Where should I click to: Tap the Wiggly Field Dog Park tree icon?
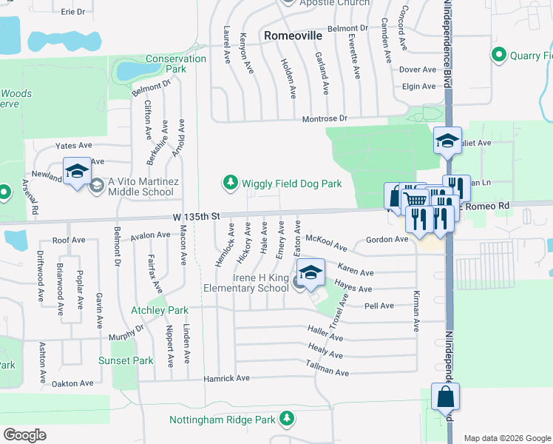click(230, 182)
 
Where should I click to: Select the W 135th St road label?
click(194, 217)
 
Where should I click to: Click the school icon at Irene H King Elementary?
click(311, 273)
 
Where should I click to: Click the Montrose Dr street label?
click(324, 118)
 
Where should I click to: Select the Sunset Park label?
click(126, 360)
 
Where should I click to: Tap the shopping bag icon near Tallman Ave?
click(446, 397)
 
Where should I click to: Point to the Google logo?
click(24, 434)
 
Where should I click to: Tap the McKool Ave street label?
click(326, 241)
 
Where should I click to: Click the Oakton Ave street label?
click(72, 383)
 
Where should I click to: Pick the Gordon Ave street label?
click(387, 240)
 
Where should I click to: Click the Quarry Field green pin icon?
click(498, 55)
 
